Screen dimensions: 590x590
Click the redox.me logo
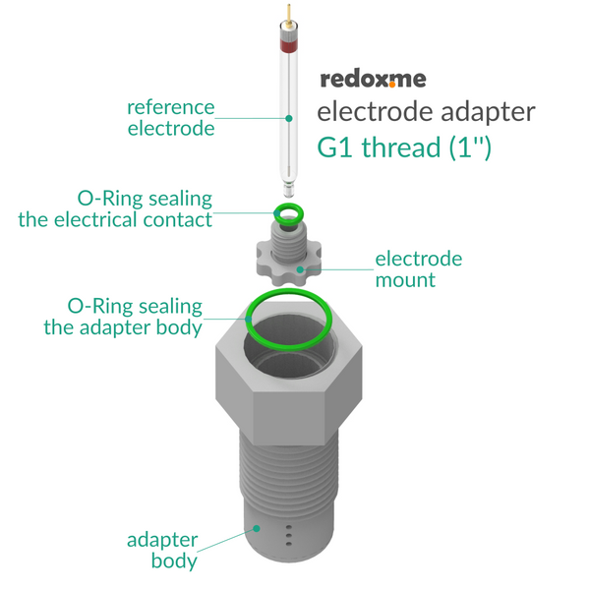click(373, 80)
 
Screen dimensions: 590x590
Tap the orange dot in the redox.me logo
click(392, 85)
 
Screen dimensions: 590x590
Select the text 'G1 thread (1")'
click(404, 147)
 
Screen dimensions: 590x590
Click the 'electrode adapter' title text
click(426, 112)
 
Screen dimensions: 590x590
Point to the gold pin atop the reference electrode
click(288, 16)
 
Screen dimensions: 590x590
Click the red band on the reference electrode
click(288, 45)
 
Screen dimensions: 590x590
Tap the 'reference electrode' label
click(171, 118)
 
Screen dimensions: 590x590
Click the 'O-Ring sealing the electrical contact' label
click(115, 208)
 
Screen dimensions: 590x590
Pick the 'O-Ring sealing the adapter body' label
click(123, 317)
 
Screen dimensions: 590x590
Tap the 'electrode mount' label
click(419, 269)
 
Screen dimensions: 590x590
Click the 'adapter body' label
click(162, 550)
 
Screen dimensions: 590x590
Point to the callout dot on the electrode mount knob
click(300, 269)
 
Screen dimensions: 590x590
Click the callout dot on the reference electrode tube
click(289, 118)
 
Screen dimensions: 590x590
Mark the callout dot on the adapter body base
click(257, 528)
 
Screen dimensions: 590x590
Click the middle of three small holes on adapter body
click(289, 536)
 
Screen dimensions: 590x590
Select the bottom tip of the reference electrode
click(288, 196)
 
